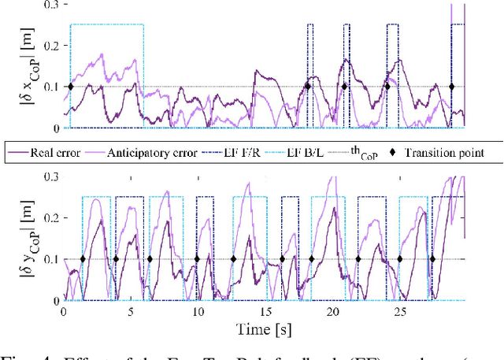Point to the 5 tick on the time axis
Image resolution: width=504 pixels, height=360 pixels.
click(x=131, y=311)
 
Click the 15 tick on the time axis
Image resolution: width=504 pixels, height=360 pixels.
click(x=265, y=311)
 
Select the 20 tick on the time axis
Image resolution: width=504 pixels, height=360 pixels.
click(x=332, y=311)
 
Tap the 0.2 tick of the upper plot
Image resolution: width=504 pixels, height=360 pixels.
click(x=52, y=46)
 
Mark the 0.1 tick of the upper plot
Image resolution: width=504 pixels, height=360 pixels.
click(x=52, y=87)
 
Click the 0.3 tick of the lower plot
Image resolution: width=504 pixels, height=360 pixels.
click(x=52, y=177)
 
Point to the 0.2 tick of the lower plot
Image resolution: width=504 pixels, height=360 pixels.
click(x=52, y=218)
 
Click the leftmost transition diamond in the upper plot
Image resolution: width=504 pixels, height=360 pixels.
click(x=71, y=87)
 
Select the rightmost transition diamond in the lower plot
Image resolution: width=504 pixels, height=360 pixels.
click(x=432, y=258)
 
